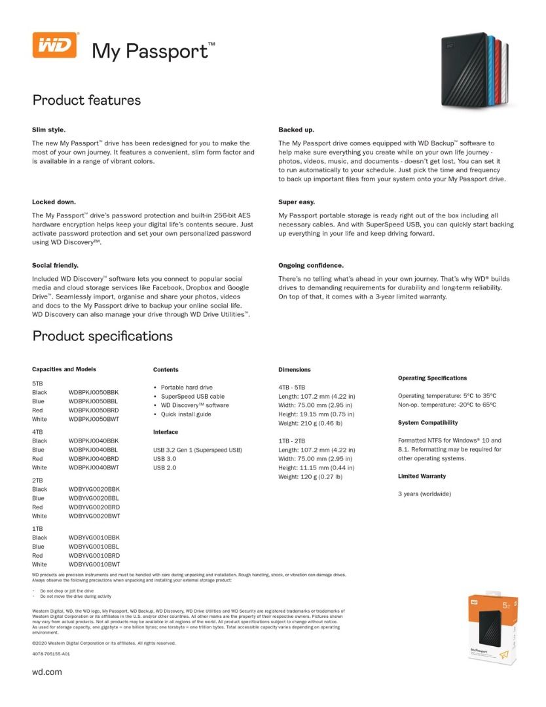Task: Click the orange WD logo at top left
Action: coord(55,45)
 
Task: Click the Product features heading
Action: coord(86,100)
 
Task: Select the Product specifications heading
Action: coord(103,336)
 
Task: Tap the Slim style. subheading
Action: coord(48,130)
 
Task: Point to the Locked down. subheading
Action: coord(54,202)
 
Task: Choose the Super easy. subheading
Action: coord(297,202)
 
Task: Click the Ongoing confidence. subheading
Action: coord(311,265)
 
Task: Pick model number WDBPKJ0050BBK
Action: coord(94,392)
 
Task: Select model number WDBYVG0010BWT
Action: coord(94,564)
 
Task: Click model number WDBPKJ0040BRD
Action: coord(94,459)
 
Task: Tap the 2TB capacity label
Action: coord(37,480)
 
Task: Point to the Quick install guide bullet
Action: coord(186,414)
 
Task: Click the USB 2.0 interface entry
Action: coord(164,468)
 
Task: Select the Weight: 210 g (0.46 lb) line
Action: coord(310,423)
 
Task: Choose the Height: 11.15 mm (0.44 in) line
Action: coord(316,468)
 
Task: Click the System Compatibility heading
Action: coord(428,423)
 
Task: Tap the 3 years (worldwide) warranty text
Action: coord(424,494)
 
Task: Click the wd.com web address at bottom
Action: coord(47,672)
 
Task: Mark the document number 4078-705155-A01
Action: coord(51,654)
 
